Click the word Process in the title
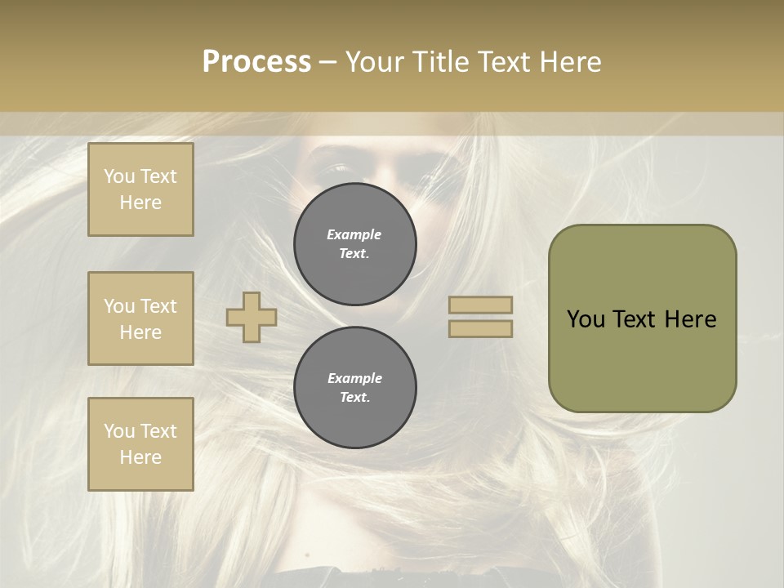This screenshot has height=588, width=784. (x=256, y=62)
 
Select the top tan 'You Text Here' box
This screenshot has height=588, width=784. (x=140, y=189)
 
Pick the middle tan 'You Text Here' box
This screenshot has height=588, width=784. (x=140, y=318)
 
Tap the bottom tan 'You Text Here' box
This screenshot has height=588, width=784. (x=140, y=443)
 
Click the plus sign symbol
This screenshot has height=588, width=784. (x=252, y=317)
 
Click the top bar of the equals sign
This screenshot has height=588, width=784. (x=480, y=305)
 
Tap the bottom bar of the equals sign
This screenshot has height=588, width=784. (x=480, y=328)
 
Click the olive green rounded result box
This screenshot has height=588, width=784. (x=642, y=359)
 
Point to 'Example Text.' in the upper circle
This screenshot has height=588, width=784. (x=354, y=243)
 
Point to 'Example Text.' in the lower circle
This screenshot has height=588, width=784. (x=354, y=387)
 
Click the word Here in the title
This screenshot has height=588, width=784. (x=569, y=62)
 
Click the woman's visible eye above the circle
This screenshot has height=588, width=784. (x=336, y=169)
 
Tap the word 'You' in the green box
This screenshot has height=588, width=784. (x=586, y=319)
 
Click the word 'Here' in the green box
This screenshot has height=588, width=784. (x=690, y=319)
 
